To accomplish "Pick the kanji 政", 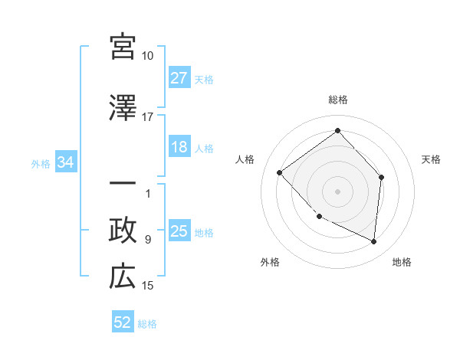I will (123, 231).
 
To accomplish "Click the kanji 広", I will (123, 277).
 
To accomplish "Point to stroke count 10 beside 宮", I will (148, 56).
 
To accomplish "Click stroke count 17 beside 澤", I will (148, 118).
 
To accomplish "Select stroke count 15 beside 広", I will (148, 286).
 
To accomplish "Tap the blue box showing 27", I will (179, 78).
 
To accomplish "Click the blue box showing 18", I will (179, 148).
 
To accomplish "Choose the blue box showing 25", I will (179, 232).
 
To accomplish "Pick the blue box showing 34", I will (65, 162).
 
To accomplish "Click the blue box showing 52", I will (123, 323).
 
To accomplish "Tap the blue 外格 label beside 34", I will (41, 163).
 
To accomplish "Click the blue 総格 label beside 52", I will (147, 324).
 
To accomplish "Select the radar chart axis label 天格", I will (431, 159).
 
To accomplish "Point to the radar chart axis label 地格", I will (402, 262).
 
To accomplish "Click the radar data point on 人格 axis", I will (280, 173).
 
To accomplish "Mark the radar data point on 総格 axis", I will (337, 130).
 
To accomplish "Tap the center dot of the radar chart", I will (337, 191).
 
